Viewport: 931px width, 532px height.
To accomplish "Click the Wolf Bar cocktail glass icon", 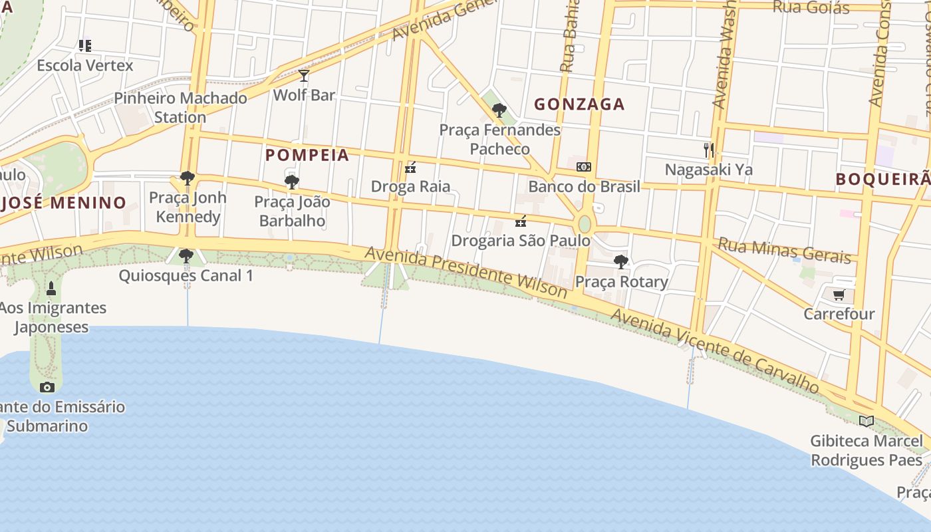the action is pos(304,76).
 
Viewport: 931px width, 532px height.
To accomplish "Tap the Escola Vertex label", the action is pos(85,65).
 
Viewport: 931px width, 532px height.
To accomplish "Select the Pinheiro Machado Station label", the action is pos(180,107).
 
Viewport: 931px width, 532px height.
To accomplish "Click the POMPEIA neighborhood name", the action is pos(307,155).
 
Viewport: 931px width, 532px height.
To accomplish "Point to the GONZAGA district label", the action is pos(579,104).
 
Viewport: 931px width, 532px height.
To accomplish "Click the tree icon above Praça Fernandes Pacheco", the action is pos(499,110).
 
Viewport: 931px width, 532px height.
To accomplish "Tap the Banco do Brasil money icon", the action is pos(583,167).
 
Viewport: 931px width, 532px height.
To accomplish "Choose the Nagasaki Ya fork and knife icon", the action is pos(709,150).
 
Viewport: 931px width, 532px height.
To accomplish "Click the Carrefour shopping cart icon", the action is pos(839,295).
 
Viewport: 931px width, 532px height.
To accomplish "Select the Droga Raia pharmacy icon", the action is pos(410,168).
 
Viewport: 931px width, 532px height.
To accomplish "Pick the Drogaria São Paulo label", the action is pos(521,240).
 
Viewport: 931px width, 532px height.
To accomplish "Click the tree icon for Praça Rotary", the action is pos(620,262).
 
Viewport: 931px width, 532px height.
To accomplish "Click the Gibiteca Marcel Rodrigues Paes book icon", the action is pos(866,421).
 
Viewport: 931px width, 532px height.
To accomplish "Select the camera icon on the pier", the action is pos(47,387).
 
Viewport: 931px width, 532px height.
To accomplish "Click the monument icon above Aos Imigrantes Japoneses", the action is pos(51,289).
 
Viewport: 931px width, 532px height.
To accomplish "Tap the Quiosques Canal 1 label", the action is pos(186,275).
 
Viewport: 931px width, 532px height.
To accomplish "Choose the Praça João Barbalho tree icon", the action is pos(291,182).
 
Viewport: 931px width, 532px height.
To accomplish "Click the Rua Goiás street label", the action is pos(811,7).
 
